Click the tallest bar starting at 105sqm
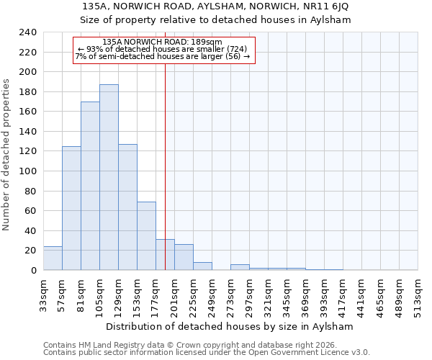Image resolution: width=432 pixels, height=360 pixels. pos(109,177)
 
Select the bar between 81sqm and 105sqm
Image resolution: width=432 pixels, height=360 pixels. pos(90,186)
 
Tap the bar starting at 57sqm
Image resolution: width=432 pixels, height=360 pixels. pos(71,208)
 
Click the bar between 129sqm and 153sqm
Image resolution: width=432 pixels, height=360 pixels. pos(127,207)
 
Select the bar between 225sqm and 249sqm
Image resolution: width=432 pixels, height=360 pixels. pos(202,266)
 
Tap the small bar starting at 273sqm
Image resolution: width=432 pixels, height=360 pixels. pos(240,267)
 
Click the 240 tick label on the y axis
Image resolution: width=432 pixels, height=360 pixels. pos(28,32)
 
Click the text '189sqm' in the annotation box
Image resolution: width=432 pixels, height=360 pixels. pos(208,42)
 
